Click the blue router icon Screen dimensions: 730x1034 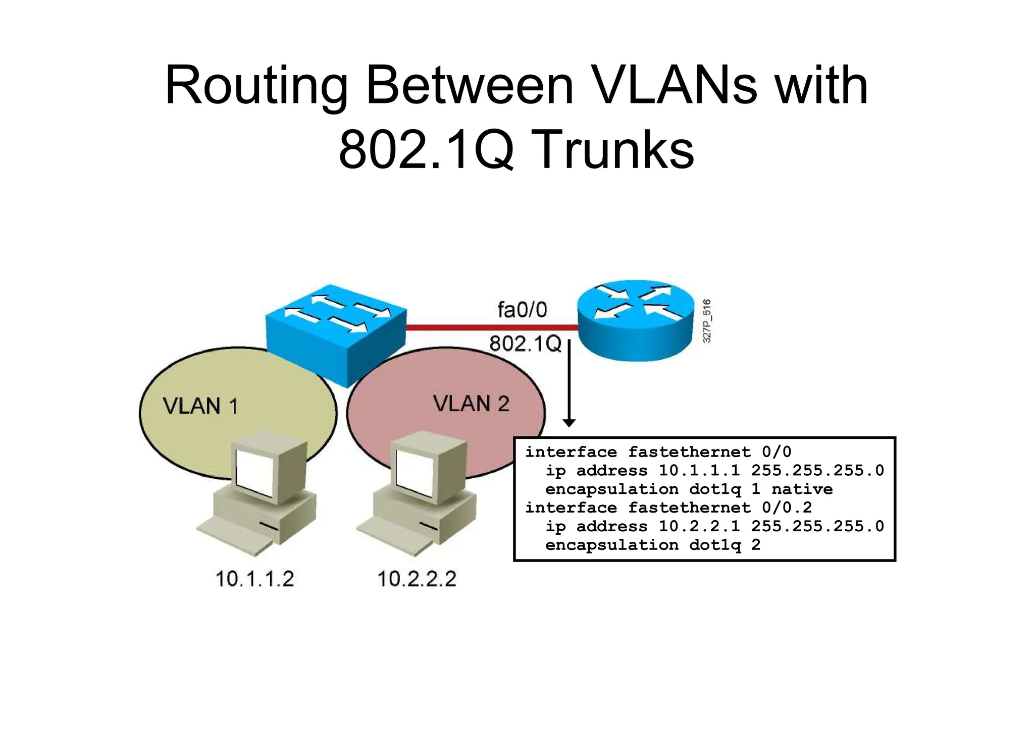click(636, 320)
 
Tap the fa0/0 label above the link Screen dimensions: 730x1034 click(522, 310)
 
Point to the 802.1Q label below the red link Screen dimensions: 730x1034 click(525, 344)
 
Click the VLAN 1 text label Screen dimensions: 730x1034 click(200, 406)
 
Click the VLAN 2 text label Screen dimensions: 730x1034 click(471, 404)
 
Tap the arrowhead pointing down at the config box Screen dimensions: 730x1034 click(569, 423)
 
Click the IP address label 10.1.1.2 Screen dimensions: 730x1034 click(254, 579)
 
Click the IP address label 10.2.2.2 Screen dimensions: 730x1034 click(417, 579)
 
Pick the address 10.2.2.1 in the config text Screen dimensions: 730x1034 click(699, 527)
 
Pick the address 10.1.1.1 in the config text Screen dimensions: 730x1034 click(699, 471)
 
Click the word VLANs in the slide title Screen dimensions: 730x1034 click(674, 86)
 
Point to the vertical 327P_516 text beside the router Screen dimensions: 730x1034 click(707, 321)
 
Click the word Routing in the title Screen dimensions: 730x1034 click(256, 86)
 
